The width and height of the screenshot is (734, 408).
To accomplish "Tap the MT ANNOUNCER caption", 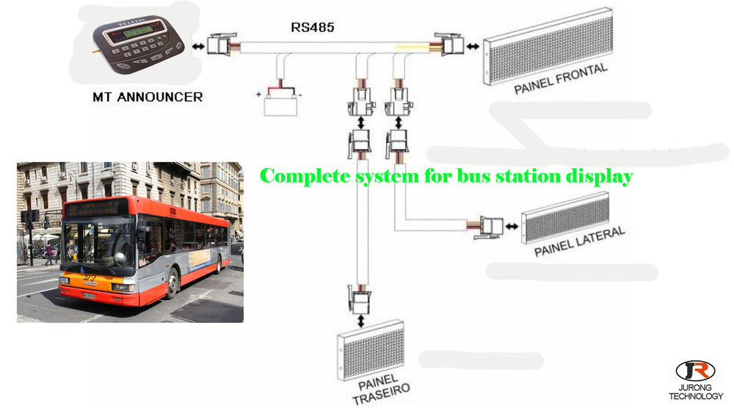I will (x=148, y=96).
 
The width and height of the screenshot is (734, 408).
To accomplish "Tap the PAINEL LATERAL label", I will (x=579, y=241).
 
